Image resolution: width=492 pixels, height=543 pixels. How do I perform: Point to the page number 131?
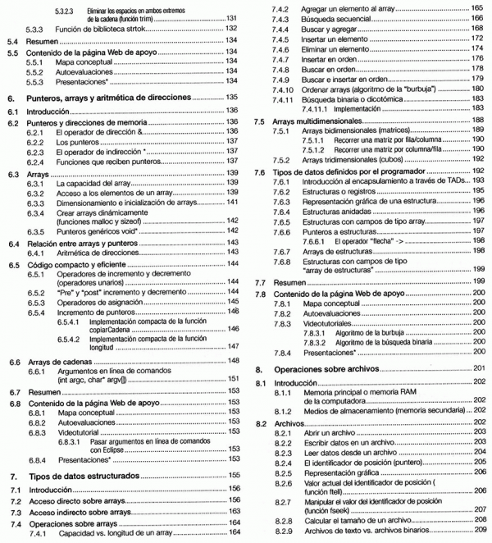pos(232,17)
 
